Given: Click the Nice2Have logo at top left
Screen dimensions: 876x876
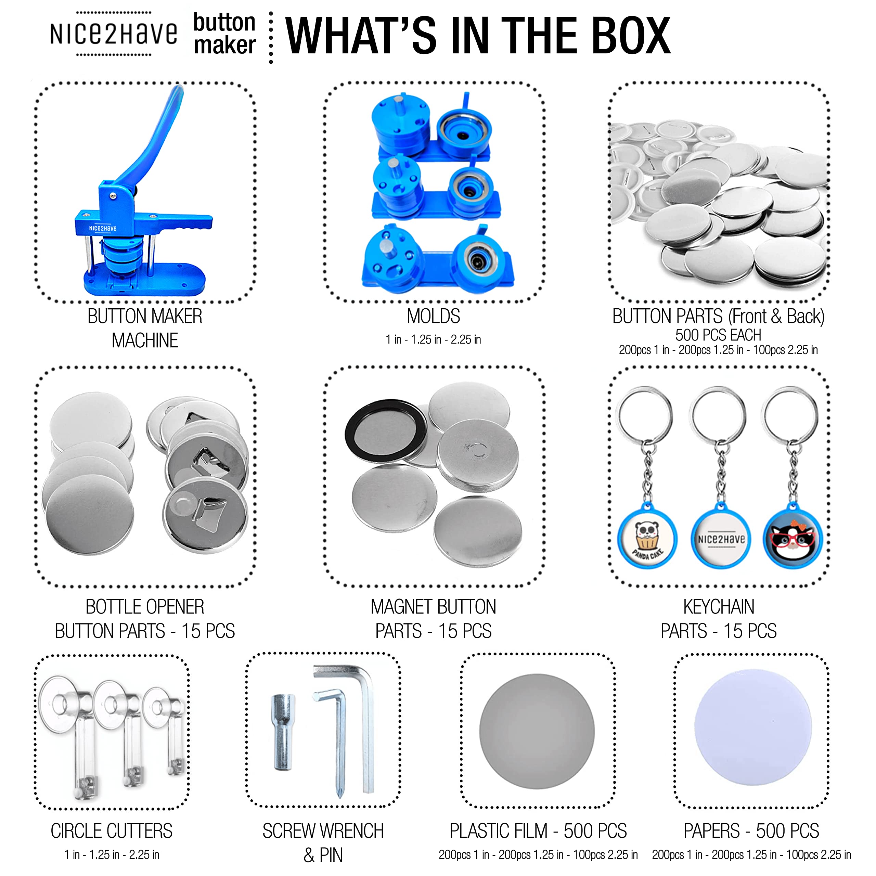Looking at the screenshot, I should pos(113,34).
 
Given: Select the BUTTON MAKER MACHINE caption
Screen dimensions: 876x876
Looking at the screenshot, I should pos(145,328).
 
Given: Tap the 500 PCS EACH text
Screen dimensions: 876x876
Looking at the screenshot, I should pos(718,335).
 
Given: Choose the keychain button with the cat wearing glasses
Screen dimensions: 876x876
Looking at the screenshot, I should pos(792,538).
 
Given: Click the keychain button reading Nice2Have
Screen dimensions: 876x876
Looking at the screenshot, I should pos(721,539).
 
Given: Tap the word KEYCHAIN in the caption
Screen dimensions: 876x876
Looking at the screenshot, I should pos(719,607).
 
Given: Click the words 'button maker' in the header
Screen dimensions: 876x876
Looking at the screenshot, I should pos(224,34).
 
